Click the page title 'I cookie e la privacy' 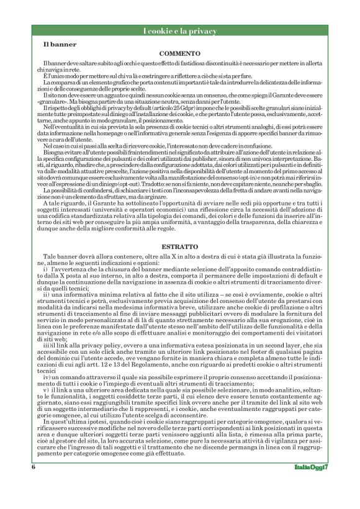click(x=180, y=31)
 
